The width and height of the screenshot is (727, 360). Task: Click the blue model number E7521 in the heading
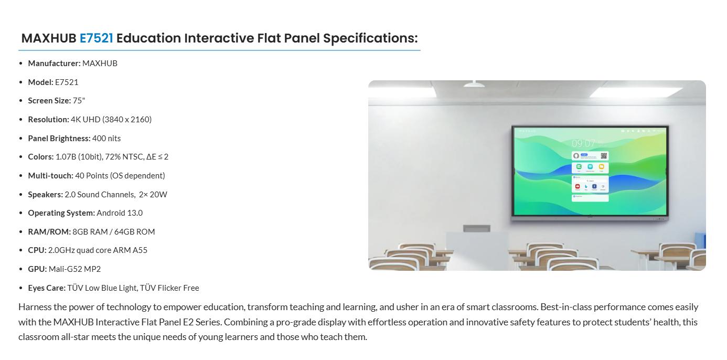pos(97,38)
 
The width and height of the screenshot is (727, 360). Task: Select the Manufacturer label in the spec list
pos(54,63)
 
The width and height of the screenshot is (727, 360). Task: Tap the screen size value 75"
pos(79,101)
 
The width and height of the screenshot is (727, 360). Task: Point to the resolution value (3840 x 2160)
pos(127,120)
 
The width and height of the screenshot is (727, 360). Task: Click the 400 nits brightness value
pos(106,139)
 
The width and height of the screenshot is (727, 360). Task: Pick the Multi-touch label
pos(51,176)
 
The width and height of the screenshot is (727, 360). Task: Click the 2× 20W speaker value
pos(153,195)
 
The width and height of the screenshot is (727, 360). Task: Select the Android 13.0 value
pos(120,213)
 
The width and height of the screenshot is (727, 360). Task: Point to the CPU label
pos(37,250)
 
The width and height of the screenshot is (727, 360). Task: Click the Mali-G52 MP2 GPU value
pos(74,269)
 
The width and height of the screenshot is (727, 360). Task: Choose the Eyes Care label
pos(47,288)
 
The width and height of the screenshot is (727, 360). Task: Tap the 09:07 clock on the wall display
pos(583,143)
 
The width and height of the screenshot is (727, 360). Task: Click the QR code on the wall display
pos(604,156)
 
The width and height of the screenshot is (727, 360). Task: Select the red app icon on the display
pos(578,186)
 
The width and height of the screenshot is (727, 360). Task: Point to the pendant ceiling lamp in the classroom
pos(474,84)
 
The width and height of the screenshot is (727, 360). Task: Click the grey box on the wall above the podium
pos(476,228)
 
